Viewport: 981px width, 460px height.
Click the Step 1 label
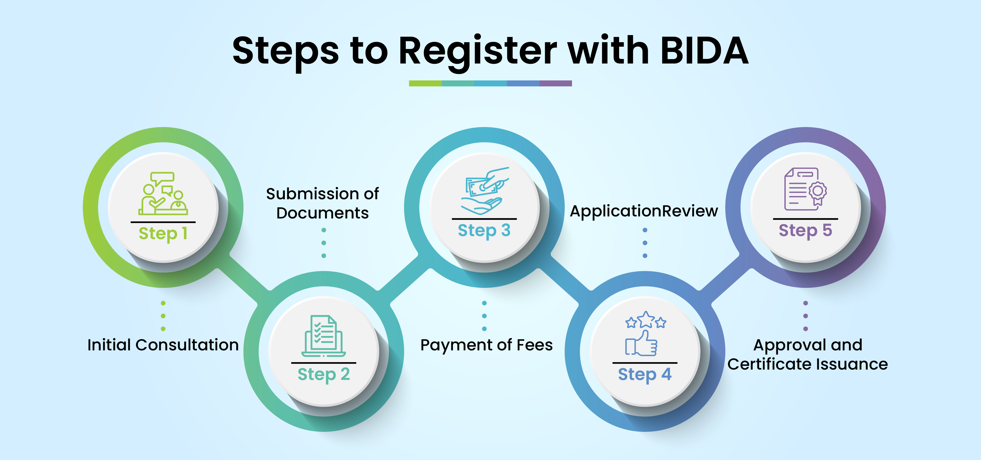click(163, 233)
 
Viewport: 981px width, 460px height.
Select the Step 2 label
click(324, 374)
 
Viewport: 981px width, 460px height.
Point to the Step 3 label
click(484, 230)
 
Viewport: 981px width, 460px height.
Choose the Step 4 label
click(645, 374)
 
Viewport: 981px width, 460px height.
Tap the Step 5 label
click(805, 230)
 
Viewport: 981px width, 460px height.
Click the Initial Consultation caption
click(163, 345)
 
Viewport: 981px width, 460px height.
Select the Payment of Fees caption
click(486, 345)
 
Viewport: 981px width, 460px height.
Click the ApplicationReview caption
click(644, 211)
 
